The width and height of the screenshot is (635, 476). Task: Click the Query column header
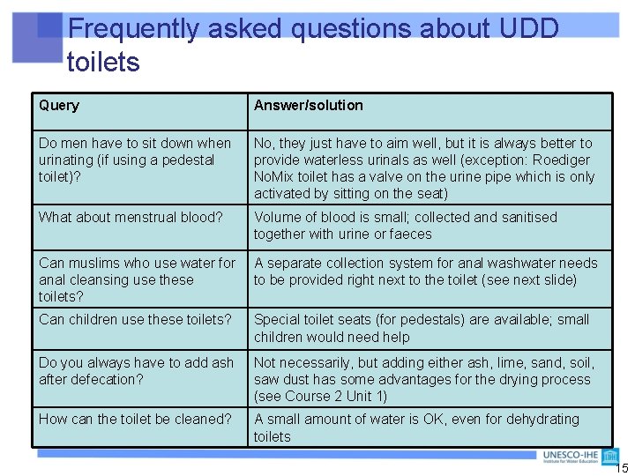(x=59, y=106)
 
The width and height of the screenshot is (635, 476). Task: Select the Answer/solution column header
(x=308, y=106)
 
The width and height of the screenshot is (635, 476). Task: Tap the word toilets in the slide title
(x=103, y=63)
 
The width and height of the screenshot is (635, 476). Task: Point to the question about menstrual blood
(x=131, y=217)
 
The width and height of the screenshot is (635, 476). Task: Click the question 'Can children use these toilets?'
(x=135, y=319)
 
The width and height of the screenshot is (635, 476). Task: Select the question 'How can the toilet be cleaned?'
(x=135, y=419)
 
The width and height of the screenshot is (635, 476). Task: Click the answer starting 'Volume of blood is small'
(x=406, y=226)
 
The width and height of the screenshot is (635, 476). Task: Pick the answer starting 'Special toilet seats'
(x=422, y=328)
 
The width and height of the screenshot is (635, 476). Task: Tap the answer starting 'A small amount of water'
(x=416, y=428)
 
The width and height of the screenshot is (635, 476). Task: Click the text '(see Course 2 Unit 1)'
(x=320, y=397)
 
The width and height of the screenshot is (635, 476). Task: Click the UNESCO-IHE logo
(x=582, y=457)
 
